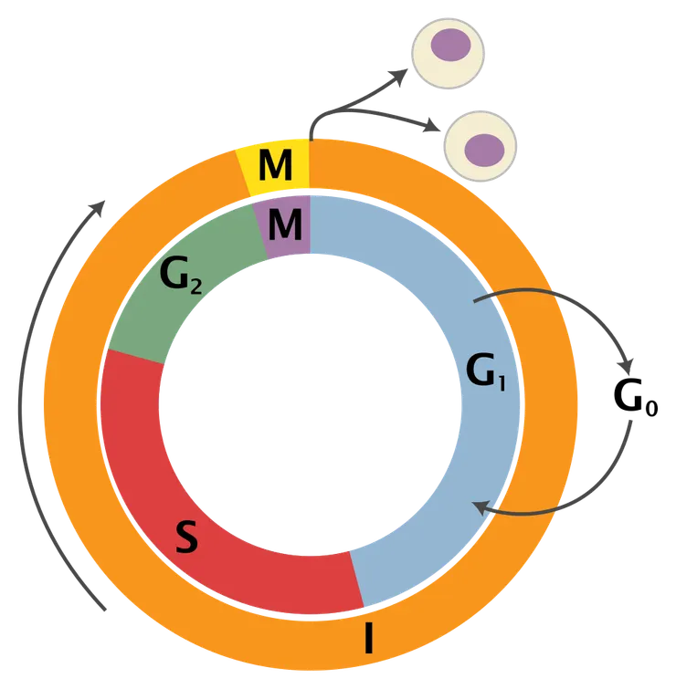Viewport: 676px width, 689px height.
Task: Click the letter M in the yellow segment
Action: coord(275,166)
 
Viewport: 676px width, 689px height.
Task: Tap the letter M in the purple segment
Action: coord(285,224)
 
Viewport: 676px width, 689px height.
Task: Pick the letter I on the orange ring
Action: coord(368,638)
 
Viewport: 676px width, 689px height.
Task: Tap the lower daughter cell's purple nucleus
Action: coord(484,148)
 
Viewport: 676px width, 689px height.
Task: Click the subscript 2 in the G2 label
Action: coord(195,283)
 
